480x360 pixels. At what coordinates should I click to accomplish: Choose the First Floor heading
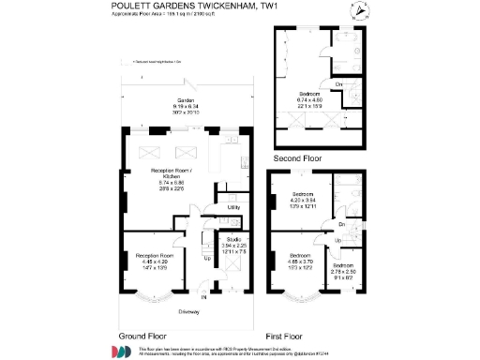pos(287,335)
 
